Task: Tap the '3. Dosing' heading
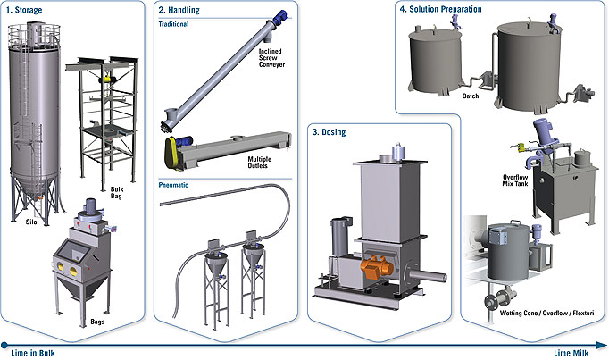329,132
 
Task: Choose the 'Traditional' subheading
175,24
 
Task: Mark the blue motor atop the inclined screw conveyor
304,15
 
